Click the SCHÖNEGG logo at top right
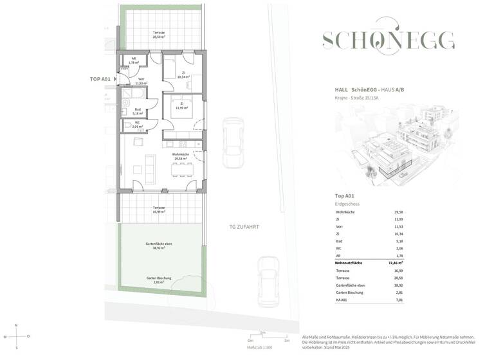click(388, 41)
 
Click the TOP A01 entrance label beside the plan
click(101, 78)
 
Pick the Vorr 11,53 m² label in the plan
click(140, 81)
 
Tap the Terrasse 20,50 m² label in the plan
click(158, 35)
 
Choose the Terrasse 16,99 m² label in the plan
click(158, 209)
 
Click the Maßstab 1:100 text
click(261, 348)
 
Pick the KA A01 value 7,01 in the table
click(398, 300)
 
